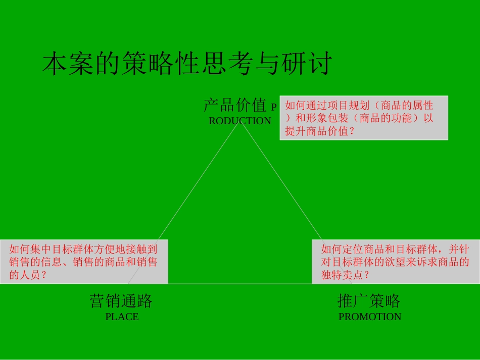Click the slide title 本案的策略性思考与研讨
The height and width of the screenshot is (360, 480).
[x=186, y=64]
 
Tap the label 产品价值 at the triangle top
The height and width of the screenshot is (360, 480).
[x=234, y=106]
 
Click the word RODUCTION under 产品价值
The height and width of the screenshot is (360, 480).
[x=240, y=121]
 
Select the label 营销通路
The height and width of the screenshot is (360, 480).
[x=121, y=301]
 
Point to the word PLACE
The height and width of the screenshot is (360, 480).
[x=122, y=317]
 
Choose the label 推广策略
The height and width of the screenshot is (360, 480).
[x=369, y=301]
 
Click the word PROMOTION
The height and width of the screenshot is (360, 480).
[x=370, y=317]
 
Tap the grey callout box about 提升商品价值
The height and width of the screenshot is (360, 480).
[x=364, y=118]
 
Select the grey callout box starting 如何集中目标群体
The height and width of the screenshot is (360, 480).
[x=84, y=262]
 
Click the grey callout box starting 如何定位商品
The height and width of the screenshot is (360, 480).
[x=396, y=262]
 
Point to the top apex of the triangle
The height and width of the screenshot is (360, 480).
[x=241, y=123]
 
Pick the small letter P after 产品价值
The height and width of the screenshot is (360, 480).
[x=274, y=107]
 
